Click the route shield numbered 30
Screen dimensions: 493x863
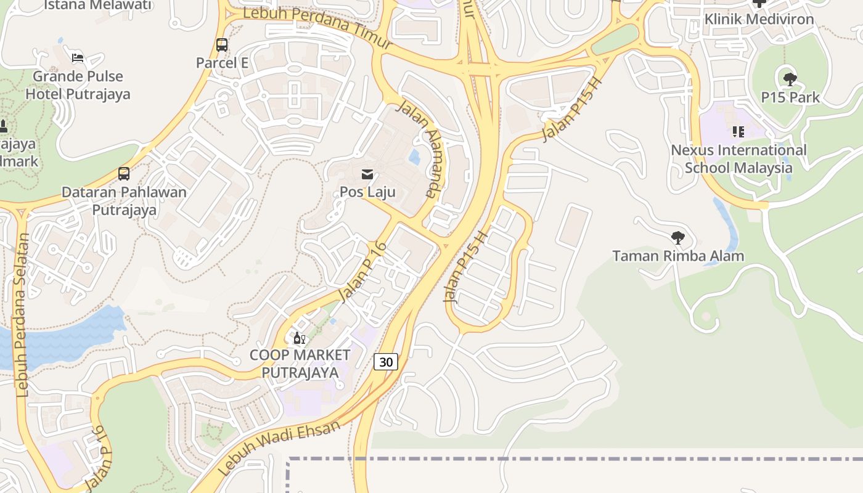386,362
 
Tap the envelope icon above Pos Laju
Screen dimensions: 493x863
367,174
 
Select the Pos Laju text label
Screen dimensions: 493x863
367,192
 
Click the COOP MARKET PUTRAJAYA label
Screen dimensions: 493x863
300,364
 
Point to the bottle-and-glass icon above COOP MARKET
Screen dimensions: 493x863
300,338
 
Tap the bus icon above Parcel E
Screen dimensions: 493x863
222,45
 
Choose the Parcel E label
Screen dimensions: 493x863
222,63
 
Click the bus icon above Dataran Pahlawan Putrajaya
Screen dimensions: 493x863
124,174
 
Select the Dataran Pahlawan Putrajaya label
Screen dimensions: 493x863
124,201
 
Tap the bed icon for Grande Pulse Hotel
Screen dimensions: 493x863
78,58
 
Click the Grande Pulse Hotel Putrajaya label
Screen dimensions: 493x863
78,85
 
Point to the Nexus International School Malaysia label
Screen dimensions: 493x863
738,159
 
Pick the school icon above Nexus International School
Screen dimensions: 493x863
738,131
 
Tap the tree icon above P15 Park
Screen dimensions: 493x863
790,79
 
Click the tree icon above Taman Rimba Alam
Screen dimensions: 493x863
678,238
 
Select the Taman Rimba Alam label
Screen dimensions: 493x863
678,256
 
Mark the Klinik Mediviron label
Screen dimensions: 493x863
759,19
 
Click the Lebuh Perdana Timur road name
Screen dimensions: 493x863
317,28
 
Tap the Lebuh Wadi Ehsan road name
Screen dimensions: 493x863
279,448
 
